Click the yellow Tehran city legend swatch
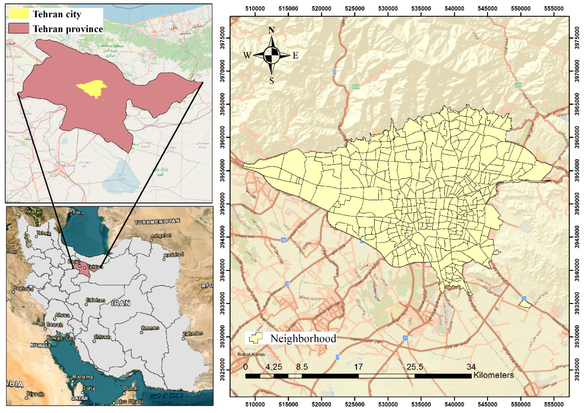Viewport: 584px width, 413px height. point(19,14)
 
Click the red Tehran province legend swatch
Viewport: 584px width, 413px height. point(19,28)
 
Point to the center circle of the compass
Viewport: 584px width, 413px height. point(272,55)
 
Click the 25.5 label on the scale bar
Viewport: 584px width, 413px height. point(415,367)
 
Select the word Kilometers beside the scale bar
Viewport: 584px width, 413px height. point(493,375)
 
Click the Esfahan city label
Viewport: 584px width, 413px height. point(95,300)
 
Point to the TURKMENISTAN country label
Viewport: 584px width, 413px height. point(157,221)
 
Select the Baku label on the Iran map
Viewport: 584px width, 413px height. point(78,212)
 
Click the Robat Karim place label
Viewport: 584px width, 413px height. point(251,354)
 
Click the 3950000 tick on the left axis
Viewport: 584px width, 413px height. point(222,204)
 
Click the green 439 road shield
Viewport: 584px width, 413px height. point(356,87)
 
